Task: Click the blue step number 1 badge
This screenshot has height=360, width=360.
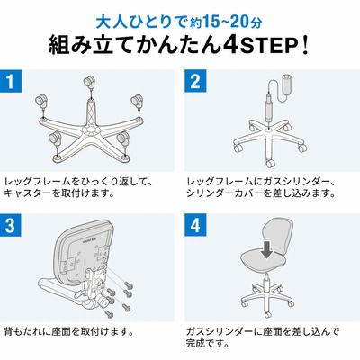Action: (x=11, y=81)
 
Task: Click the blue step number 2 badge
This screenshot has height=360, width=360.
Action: (x=195, y=81)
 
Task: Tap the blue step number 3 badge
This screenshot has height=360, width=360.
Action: (x=11, y=225)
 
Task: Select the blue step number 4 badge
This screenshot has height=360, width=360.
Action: (x=195, y=225)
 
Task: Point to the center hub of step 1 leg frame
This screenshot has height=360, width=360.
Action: (x=90, y=130)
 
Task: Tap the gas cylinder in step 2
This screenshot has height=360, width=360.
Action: (x=268, y=107)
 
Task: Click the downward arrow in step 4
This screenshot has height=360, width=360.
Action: (x=266, y=250)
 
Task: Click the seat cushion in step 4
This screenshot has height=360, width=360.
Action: (x=264, y=260)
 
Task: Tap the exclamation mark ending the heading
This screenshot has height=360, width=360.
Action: (x=305, y=45)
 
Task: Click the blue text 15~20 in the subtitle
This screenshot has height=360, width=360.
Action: (x=223, y=22)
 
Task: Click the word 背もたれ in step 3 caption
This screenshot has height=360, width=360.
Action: (x=23, y=331)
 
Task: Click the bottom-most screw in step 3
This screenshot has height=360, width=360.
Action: (x=109, y=313)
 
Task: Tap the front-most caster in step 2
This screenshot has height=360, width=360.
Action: (x=270, y=163)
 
